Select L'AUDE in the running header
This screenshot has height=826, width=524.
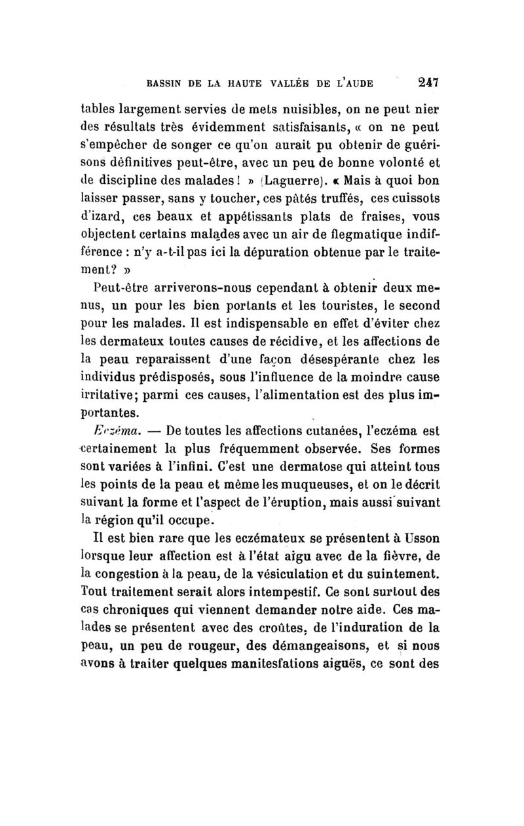click(x=354, y=84)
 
